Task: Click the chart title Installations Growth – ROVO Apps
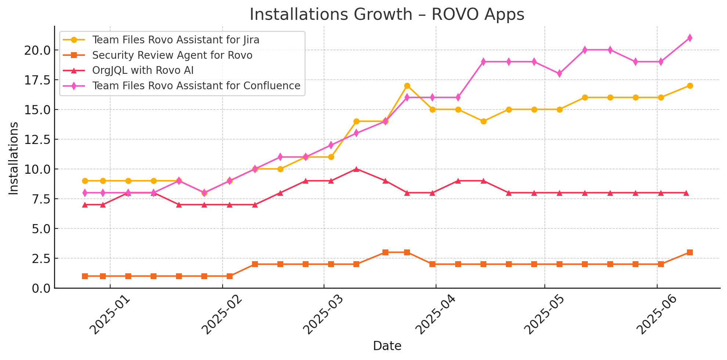pos(387,15)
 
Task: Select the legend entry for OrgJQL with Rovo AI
pos(143,71)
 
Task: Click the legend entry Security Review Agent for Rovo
pos(172,55)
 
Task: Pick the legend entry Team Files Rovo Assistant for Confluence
pos(196,86)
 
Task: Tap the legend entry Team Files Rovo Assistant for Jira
pos(176,40)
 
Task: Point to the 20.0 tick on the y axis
pos(37,50)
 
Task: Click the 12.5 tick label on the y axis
pos(37,139)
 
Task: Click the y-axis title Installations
pos(14,158)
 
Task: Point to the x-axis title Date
pos(387,346)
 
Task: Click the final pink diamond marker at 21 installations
pos(690,38)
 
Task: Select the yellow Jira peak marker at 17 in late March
pos(407,86)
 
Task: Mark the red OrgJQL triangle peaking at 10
pos(356,169)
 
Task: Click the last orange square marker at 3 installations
pos(690,252)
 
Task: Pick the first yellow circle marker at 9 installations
pos(85,181)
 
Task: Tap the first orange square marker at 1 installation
pos(85,276)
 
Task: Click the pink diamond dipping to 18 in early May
pos(559,73)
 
